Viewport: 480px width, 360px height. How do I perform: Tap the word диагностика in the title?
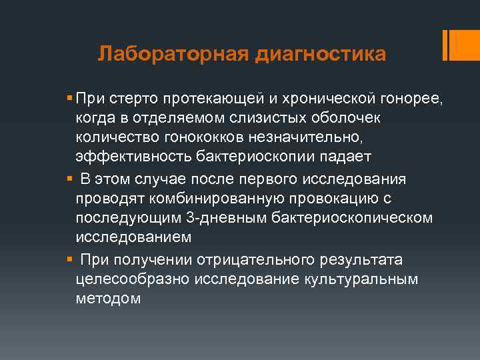click(x=319, y=53)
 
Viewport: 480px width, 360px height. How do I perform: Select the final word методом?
click(x=108, y=298)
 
